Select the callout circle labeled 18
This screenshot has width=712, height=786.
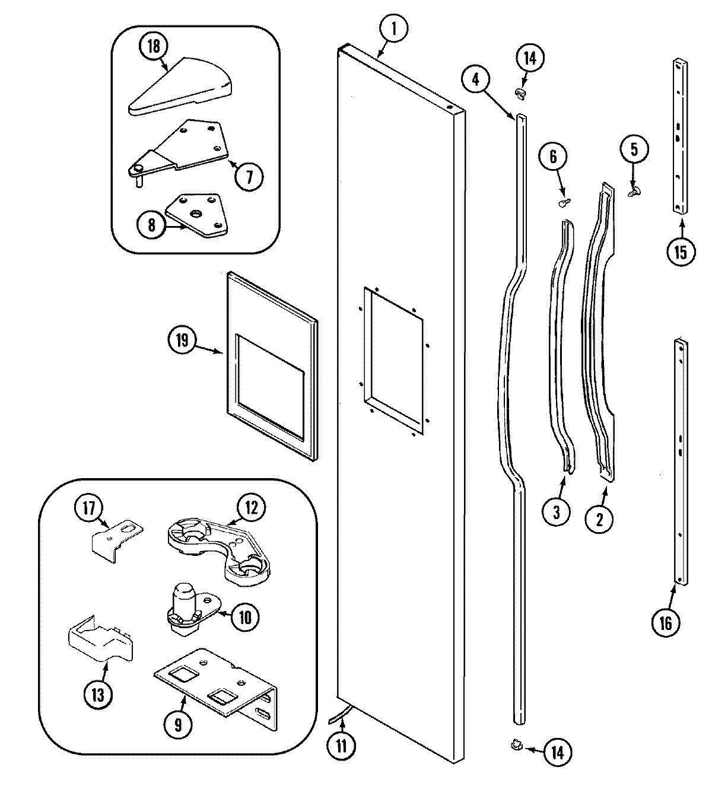pyautogui.click(x=154, y=47)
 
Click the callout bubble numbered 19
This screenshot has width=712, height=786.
pyautogui.click(x=182, y=341)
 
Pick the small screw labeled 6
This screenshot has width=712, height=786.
pyautogui.click(x=563, y=203)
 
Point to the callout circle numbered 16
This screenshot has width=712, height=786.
pyautogui.click(x=665, y=623)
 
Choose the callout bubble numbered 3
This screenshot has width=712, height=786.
pyautogui.click(x=557, y=512)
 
